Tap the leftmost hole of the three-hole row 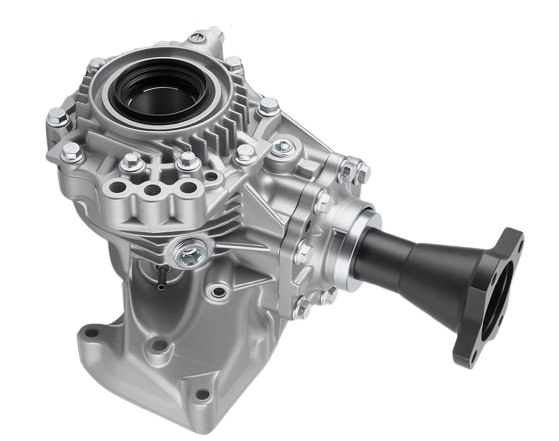pos(117,188)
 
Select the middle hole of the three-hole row pos(152,190)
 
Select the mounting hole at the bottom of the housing pos(203,394)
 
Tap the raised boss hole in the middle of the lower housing pos(160,345)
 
